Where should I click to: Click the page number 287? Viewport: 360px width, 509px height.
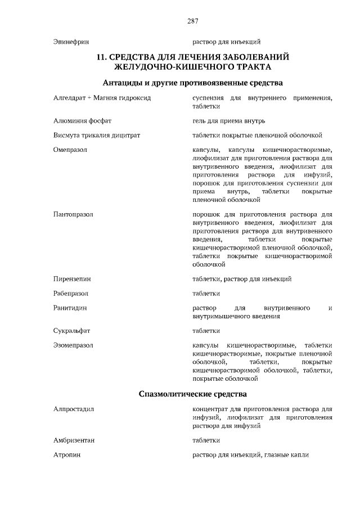(x=192, y=21)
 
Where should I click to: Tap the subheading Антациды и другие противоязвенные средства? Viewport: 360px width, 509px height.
(x=192, y=83)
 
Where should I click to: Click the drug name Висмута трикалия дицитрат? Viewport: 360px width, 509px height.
(x=96, y=135)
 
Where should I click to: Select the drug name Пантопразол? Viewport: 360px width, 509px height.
(x=73, y=214)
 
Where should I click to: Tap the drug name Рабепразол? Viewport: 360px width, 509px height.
(x=71, y=293)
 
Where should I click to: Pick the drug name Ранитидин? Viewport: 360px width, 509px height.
(x=70, y=308)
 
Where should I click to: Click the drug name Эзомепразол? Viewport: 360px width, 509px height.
(x=73, y=345)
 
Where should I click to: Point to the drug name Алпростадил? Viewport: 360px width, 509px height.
(x=73, y=409)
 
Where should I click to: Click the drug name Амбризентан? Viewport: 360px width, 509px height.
(x=74, y=440)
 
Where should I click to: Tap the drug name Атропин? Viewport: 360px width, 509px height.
(x=66, y=454)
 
